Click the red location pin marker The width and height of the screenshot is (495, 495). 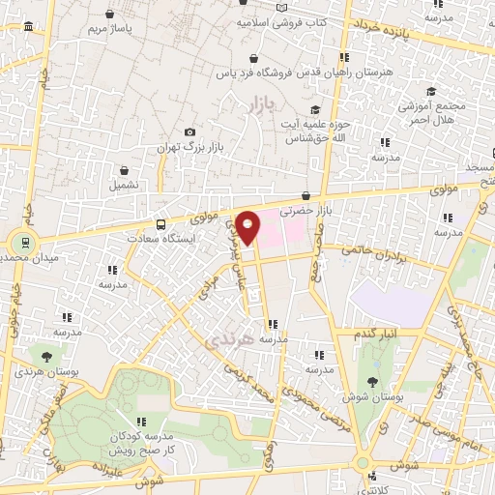(x=248, y=226)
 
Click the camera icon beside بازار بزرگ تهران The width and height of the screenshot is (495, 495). (x=189, y=131)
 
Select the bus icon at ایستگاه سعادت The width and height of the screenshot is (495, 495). (x=160, y=219)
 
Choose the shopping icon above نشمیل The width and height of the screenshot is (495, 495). (x=124, y=169)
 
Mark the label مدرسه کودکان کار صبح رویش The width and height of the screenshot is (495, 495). (x=142, y=444)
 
